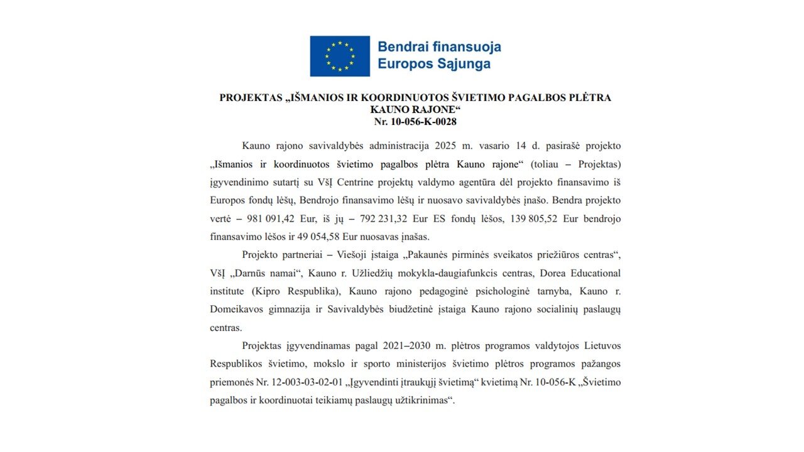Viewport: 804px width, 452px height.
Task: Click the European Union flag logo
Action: click(340, 56)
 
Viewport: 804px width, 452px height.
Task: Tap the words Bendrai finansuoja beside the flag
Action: click(439, 46)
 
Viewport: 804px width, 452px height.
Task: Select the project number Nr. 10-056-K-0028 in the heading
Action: click(415, 122)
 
